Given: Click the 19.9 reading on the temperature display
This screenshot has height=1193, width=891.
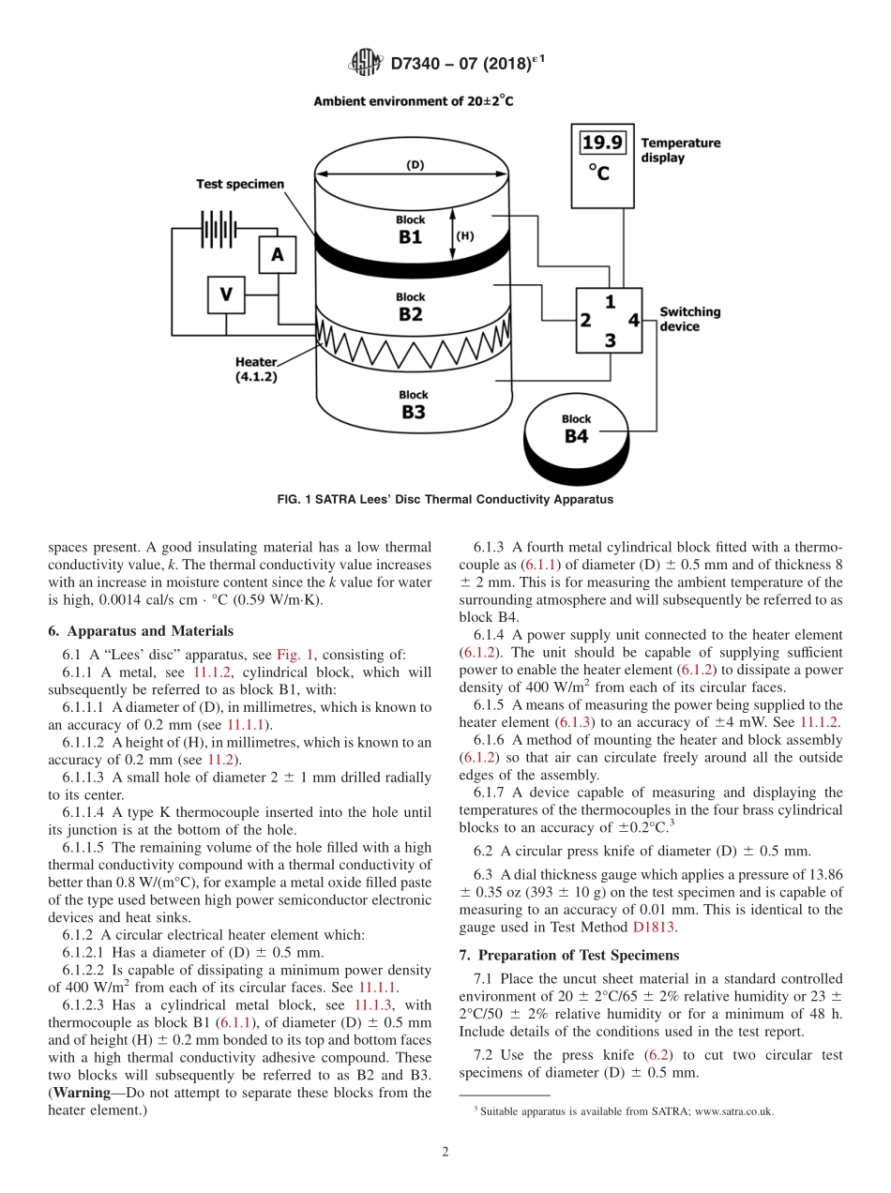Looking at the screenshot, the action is click(x=602, y=143).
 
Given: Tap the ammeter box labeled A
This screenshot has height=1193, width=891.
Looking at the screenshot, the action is click(x=277, y=253).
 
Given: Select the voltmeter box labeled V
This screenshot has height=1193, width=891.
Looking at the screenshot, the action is click(x=225, y=294).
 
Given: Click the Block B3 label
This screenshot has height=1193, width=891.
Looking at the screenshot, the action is click(x=413, y=405).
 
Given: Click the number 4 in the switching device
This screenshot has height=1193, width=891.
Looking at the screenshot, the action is click(x=634, y=320).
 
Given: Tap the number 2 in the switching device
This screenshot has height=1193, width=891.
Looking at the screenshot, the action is click(x=585, y=321).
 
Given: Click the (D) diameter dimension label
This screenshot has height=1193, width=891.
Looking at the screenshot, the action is click(x=414, y=165).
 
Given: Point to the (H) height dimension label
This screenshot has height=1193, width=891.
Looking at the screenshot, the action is click(x=464, y=235).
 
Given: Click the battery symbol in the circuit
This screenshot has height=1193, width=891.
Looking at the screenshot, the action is click(x=218, y=228).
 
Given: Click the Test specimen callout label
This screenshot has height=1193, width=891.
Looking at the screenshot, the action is click(x=239, y=184).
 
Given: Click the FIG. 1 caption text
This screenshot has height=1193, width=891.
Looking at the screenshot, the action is click(x=445, y=499).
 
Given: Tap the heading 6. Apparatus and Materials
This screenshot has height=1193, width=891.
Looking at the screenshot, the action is click(x=140, y=631).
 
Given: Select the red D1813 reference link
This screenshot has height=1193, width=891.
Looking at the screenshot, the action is click(x=653, y=927).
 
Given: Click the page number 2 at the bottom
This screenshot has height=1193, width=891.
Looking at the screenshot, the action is click(x=445, y=1152).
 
